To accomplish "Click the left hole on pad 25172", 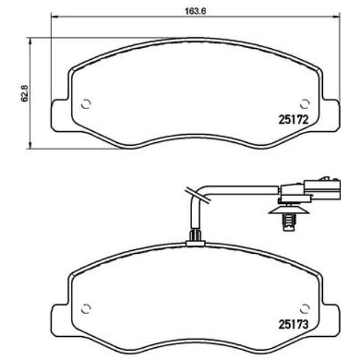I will tap(86, 104).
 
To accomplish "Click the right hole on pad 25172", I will tap(304, 104).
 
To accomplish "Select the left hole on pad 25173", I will tap(86, 309).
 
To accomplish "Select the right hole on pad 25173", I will tap(304, 309).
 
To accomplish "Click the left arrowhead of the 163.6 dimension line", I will tap(54, 17).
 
